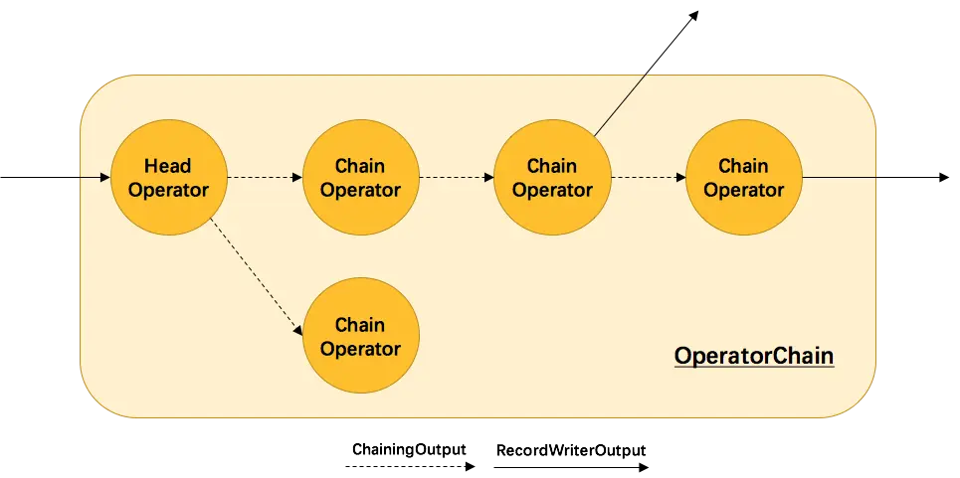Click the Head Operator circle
tap(168, 178)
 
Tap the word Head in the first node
tap(167, 166)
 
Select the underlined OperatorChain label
tap(753, 356)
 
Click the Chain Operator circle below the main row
tap(360, 336)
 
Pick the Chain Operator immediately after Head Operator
tap(360, 178)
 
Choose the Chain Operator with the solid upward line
tap(552, 178)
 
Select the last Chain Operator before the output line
tap(744, 178)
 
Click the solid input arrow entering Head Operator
tap(95, 178)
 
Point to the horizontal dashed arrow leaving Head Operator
tap(265, 178)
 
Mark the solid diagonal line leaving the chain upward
tap(621, 103)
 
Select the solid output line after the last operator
tap(841, 178)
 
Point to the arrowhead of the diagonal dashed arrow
tap(298, 330)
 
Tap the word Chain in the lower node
tap(360, 325)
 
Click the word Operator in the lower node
tap(360, 348)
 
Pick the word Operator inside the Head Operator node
tap(168, 189)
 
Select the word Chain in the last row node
tap(744, 166)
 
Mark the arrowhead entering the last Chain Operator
tap(681, 178)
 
